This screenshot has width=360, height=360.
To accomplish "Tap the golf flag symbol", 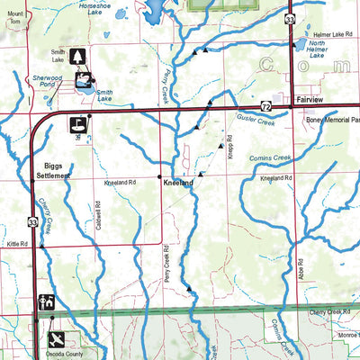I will tap(77, 125).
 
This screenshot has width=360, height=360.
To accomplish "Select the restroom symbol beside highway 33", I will tap(48, 301).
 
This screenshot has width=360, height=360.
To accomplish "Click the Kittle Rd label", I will tap(19, 244).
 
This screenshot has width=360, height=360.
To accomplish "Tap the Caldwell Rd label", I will tap(98, 221).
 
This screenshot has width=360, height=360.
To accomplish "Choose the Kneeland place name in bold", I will tap(178, 183).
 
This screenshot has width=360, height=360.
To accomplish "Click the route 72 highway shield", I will tap(265, 106).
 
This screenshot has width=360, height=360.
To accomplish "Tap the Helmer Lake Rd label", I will tap(326, 34).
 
